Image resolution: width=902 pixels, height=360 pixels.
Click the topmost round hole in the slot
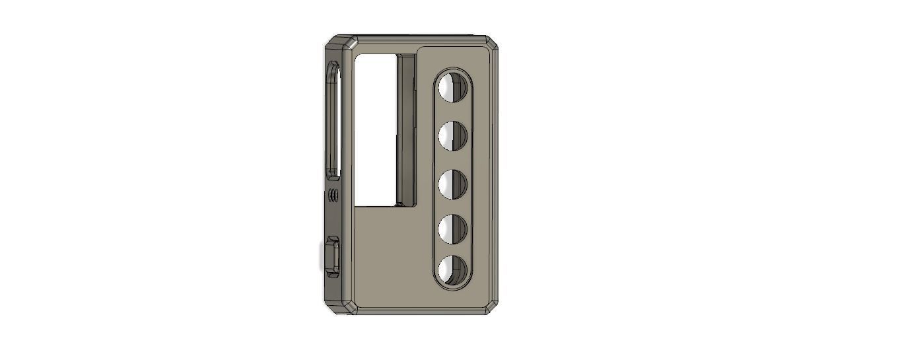point(453,87)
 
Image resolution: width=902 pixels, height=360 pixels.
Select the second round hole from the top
point(453,135)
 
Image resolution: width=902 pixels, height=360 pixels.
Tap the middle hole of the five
point(453,184)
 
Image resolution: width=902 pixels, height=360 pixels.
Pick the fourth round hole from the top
point(453,229)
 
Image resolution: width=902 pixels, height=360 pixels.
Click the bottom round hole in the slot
point(453,270)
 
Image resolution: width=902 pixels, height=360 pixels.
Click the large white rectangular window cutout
point(376,129)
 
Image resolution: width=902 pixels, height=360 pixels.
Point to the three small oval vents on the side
point(333,195)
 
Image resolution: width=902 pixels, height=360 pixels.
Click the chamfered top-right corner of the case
point(491,44)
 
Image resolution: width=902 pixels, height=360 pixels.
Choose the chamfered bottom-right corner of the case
point(490,307)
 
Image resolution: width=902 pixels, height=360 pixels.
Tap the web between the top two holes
point(453,112)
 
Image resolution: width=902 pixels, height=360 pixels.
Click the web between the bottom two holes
point(453,250)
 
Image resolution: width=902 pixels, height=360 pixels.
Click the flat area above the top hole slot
point(453,58)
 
